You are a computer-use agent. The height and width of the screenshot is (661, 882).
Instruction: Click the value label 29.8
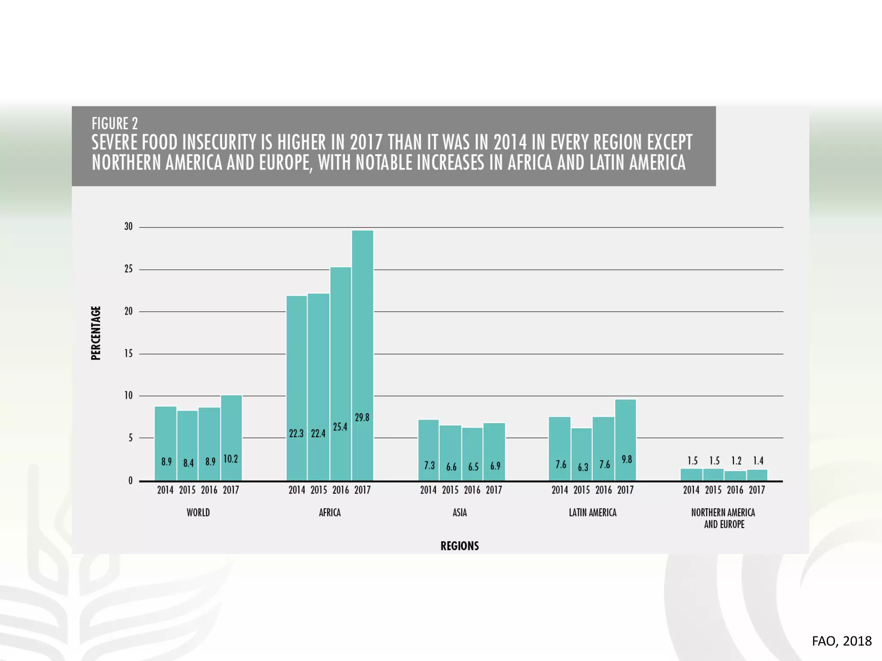pyautogui.click(x=362, y=417)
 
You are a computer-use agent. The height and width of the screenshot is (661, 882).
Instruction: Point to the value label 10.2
pyautogui.click(x=230, y=459)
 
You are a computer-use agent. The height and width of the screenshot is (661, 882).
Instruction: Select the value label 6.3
pyautogui.click(x=583, y=467)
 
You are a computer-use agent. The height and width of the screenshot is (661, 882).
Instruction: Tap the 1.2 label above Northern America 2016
pyautogui.click(x=736, y=461)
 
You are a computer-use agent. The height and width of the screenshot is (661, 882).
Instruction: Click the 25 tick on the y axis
pyautogui.click(x=128, y=269)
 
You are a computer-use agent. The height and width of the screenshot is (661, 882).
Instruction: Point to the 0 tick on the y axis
pyautogui.click(x=130, y=481)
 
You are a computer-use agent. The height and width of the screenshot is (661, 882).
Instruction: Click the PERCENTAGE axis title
pyautogui.click(x=96, y=333)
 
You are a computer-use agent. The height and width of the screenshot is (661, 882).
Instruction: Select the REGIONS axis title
pyautogui.click(x=460, y=546)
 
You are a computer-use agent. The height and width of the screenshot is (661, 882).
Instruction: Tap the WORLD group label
pyautogui.click(x=198, y=513)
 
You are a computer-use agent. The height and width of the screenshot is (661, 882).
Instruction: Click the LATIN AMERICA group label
pyautogui.click(x=593, y=513)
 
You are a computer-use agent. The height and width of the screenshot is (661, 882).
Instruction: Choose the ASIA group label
pyautogui.click(x=460, y=513)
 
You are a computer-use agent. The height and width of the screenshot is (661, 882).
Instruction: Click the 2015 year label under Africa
pyautogui.click(x=319, y=490)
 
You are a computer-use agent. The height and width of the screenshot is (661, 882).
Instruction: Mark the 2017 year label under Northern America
pyautogui.click(x=757, y=490)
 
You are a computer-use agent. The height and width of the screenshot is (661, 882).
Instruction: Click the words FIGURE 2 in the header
pyautogui.click(x=115, y=124)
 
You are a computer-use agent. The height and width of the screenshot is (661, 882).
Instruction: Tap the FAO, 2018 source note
pyautogui.click(x=842, y=641)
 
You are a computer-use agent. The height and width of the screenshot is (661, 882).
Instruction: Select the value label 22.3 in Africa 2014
pyautogui.click(x=296, y=433)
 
